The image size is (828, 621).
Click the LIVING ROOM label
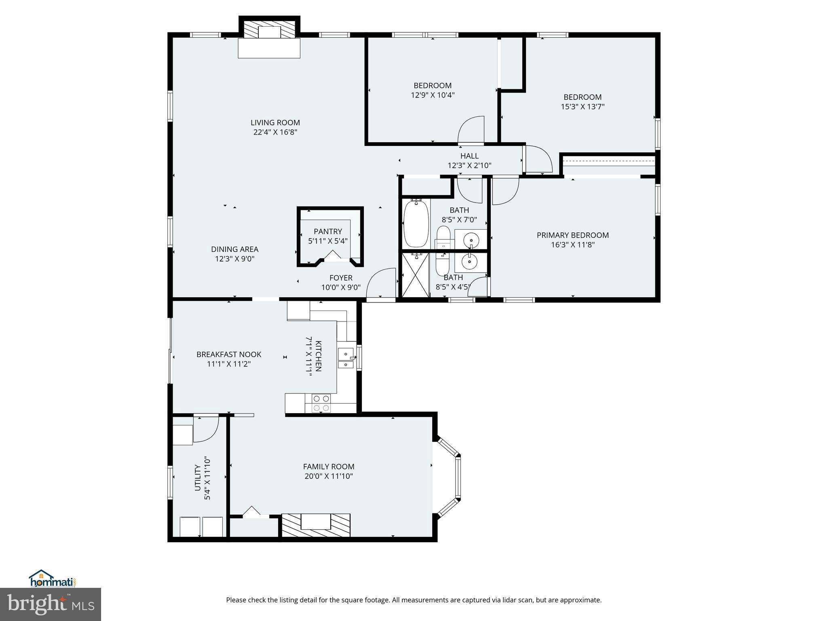pos(275,123)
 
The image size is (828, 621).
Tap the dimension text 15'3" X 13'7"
pos(583,107)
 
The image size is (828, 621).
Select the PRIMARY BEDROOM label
pos(572,235)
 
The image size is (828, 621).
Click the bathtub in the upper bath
pos(416,224)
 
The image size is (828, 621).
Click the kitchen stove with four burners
pos(321,403)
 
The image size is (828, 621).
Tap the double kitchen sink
pos(346,359)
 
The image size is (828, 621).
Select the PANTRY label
pos(328,231)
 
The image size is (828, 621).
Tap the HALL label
pos(469,156)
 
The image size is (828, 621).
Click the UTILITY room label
pos(198,478)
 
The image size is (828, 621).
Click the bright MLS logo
pos(51,604)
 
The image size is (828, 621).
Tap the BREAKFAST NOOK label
pos(229,354)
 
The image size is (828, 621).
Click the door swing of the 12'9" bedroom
pos(472,131)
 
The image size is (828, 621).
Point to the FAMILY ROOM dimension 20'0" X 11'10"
pos(329,476)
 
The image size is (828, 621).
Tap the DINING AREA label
pos(234,249)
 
